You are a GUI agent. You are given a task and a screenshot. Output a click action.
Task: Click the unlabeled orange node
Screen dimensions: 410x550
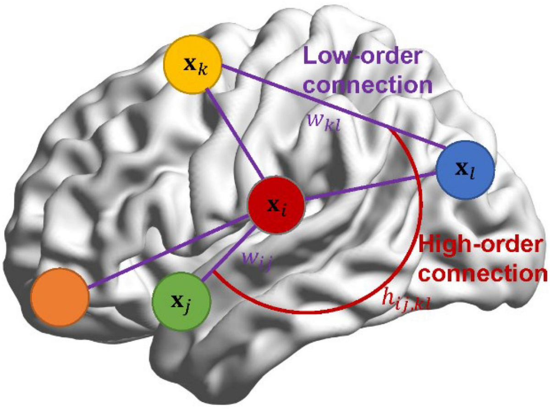(x=59, y=298)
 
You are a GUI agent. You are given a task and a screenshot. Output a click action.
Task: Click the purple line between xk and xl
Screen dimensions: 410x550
(x=330, y=106)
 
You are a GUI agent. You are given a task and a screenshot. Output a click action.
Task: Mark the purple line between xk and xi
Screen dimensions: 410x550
(x=234, y=133)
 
